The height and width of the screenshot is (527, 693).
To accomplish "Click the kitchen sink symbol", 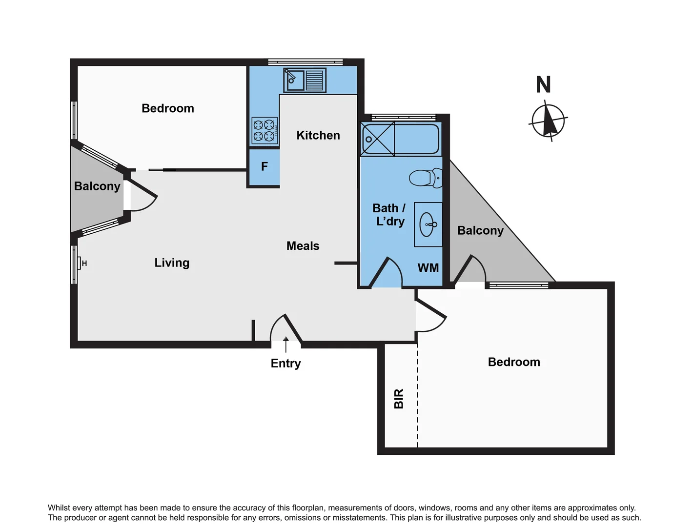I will tap(305, 81).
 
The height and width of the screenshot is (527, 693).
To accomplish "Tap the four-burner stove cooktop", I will tap(265, 131).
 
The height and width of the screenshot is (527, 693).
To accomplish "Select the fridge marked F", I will tap(264, 167).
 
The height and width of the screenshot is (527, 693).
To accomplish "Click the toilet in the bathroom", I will tap(425, 178).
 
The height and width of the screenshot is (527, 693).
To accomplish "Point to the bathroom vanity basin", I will tap(428, 224).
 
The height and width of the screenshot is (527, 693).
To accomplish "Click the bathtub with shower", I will tap(400, 139).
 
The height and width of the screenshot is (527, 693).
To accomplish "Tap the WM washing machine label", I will tap(428, 268).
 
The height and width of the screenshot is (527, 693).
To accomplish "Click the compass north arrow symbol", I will tap(548, 120).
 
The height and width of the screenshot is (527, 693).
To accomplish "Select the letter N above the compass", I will tap(543, 85).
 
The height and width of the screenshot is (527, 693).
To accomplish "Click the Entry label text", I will tap(285, 364).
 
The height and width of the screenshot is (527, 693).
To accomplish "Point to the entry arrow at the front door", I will tap(285, 344).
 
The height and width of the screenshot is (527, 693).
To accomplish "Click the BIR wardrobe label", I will tap(399, 399).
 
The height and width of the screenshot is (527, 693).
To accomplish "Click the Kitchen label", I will tap(318, 135).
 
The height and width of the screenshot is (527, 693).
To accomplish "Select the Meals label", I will tap(303, 246).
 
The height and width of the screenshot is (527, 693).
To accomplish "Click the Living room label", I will tap(172, 263).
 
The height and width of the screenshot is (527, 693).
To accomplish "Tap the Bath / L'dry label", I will tap(389, 215).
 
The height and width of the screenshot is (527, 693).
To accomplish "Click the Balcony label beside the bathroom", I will tap(480, 230).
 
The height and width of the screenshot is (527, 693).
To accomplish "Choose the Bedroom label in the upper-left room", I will tap(167, 108).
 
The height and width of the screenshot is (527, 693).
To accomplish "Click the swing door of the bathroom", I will tap(386, 272).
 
